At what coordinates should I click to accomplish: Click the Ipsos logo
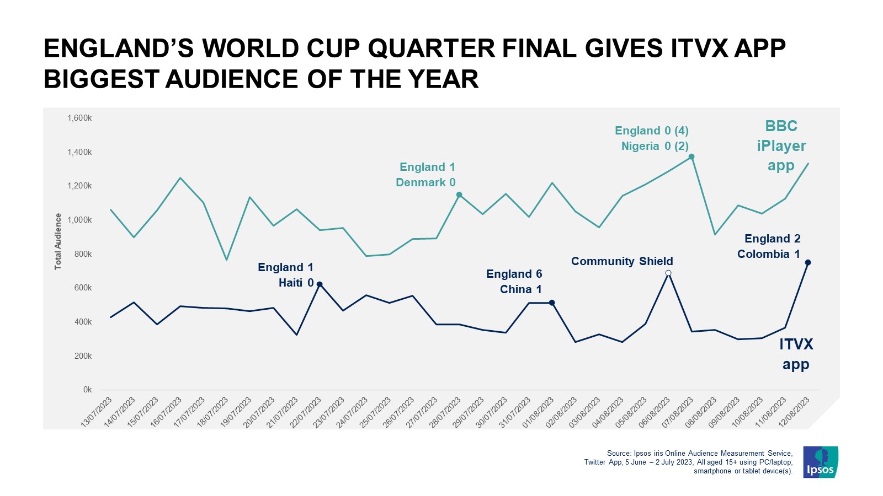click(x=820, y=462)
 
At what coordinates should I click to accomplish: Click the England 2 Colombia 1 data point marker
click(x=808, y=262)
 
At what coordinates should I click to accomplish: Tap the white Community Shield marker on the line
click(x=668, y=273)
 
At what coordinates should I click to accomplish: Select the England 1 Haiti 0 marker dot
click(x=320, y=284)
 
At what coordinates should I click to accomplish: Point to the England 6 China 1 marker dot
click(x=552, y=303)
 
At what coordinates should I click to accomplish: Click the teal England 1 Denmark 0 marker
click(x=459, y=195)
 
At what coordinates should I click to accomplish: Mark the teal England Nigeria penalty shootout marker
click(x=691, y=157)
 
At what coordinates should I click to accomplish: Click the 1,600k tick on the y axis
click(x=79, y=118)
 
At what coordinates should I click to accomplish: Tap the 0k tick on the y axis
click(x=87, y=390)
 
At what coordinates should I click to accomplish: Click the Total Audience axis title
click(x=58, y=241)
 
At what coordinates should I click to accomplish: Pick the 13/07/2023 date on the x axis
click(x=97, y=411)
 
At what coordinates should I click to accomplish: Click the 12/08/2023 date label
click(x=795, y=411)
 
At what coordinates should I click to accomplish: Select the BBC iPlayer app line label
click(x=781, y=145)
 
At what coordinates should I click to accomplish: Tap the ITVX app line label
click(x=796, y=354)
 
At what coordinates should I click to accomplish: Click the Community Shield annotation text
click(x=622, y=261)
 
